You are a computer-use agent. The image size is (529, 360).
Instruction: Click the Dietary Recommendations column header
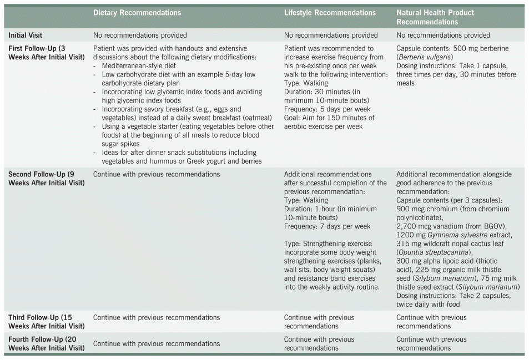coord(137,13)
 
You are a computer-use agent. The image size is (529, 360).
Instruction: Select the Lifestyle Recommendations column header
coord(330,13)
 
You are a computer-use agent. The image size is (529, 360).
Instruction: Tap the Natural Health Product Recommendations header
coord(435,17)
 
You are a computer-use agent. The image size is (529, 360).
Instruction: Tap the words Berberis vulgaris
coord(424,57)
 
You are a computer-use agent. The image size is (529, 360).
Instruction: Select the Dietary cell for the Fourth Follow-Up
coord(157,343)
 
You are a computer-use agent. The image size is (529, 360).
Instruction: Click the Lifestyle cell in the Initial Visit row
coord(331,36)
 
